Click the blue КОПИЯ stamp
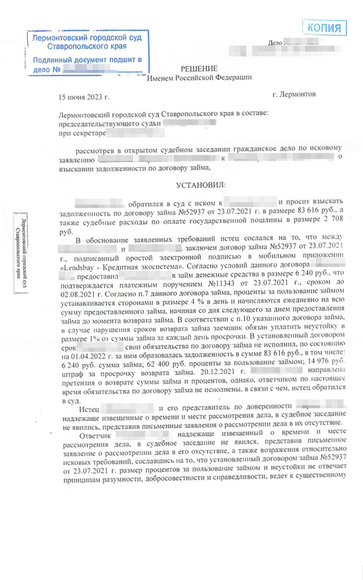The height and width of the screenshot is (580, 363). click(325, 27)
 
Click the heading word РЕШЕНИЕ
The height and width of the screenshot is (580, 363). click(199, 69)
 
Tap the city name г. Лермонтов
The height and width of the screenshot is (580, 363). click(294, 94)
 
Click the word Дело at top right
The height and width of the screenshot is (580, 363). click(275, 43)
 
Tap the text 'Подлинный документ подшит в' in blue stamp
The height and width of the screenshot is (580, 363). click(87, 60)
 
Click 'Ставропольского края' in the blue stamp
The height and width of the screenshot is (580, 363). click(87, 47)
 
